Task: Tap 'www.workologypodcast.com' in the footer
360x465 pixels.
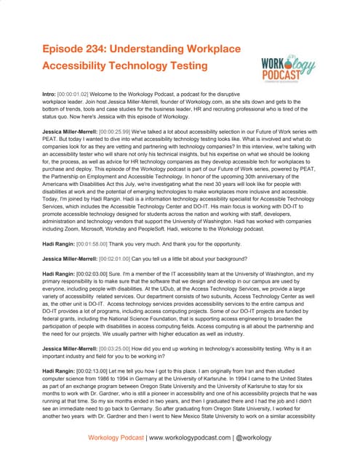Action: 200,439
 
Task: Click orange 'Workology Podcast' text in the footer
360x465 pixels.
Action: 116,439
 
